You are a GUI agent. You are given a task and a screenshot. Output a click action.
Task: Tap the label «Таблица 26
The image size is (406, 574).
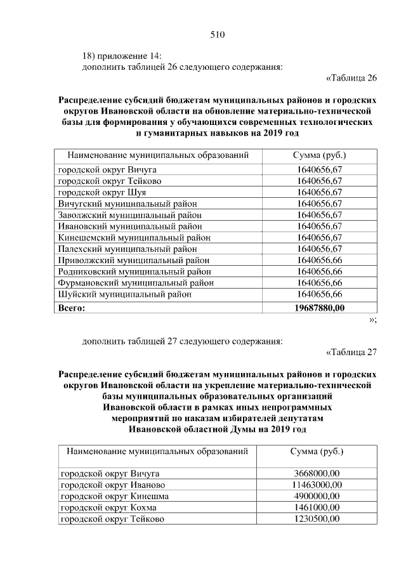tap(351, 78)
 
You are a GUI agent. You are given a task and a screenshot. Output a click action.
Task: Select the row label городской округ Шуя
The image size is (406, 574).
tap(102, 192)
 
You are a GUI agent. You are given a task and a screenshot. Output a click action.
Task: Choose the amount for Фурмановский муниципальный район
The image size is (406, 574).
tap(319, 283)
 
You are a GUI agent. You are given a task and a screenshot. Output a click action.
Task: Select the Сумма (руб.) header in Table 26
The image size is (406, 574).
tap(319, 155)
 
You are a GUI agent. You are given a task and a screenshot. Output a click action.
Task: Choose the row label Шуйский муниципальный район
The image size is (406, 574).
tap(124, 294)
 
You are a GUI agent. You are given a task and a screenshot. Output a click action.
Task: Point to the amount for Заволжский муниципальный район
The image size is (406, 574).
tap(319, 214)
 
